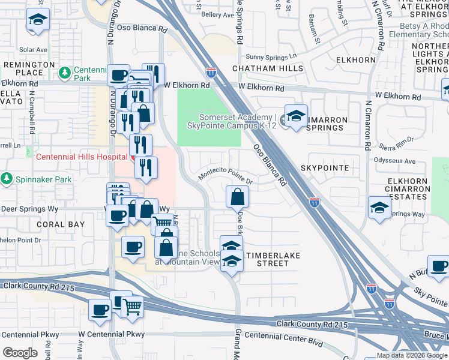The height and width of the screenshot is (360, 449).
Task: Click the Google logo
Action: pos(20,352)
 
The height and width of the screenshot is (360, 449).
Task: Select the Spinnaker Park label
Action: pos(41,179)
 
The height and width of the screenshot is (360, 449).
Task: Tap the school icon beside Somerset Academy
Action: pos(295,116)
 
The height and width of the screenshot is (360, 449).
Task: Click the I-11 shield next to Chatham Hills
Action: pos(211,73)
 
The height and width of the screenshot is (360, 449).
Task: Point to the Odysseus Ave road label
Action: pos(394,161)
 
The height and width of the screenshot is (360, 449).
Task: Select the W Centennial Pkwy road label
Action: pos(112,334)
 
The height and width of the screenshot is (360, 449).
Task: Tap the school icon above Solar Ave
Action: pos(38,22)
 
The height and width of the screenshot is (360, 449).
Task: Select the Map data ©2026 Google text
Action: pos(412,355)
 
